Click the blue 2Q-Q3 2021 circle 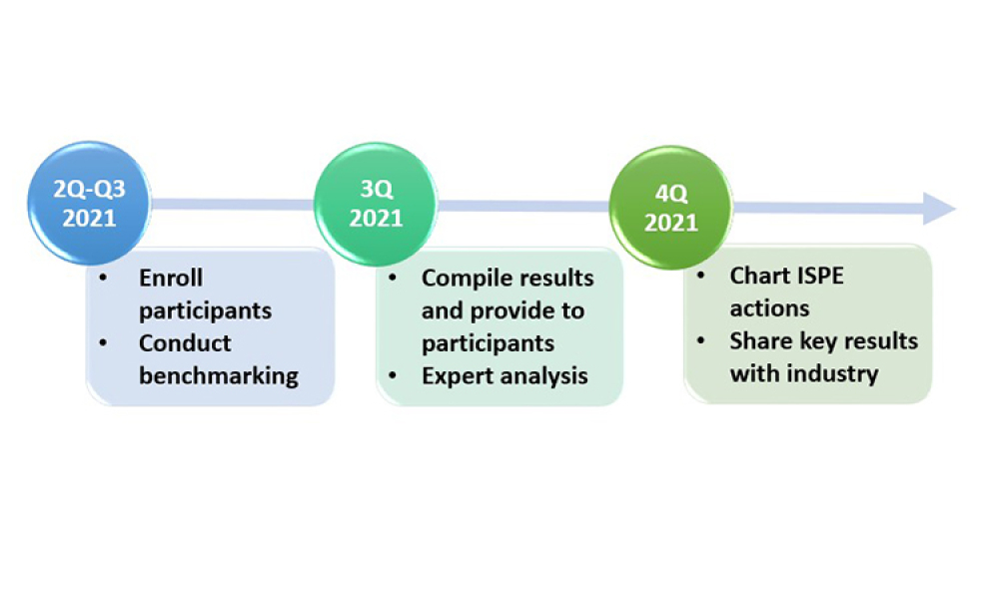[89, 204]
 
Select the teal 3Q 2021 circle [376, 204]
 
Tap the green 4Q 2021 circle [670, 208]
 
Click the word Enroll [171, 279]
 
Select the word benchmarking [219, 375]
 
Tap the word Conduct [185, 343]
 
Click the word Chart [758, 276]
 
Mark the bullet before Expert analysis [394, 375]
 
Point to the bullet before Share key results [703, 341]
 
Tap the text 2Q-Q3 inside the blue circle [89, 189]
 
